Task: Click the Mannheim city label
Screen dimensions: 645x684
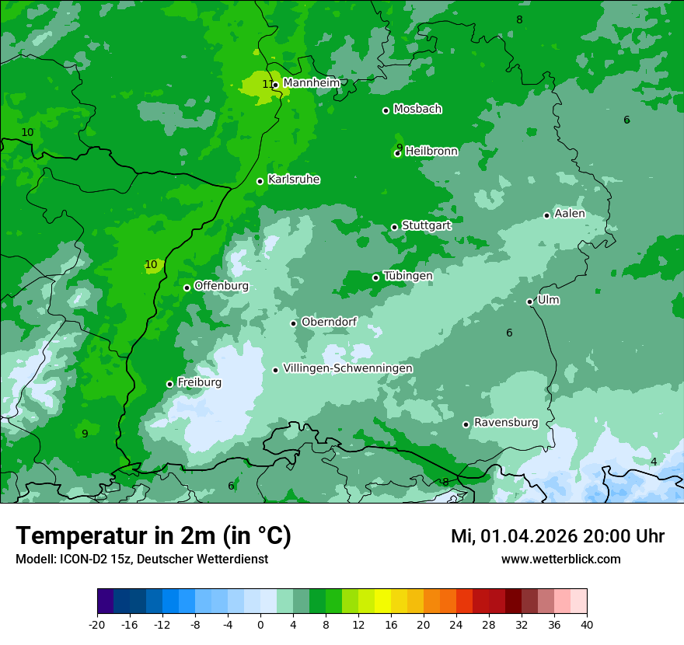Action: [312, 83]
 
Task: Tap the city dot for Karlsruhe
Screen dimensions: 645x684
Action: [260, 182]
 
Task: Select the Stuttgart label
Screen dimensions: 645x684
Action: [426, 226]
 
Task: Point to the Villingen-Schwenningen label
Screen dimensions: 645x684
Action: [347, 368]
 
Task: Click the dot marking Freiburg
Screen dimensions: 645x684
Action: [169, 384]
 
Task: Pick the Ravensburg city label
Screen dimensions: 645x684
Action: [505, 423]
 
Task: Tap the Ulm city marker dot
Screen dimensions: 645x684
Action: [530, 302]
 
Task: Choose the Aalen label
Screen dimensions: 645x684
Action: [569, 214]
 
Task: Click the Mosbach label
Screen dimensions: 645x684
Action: [417, 110]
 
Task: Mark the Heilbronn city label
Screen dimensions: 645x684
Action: [431, 152]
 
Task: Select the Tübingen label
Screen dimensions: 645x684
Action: [407, 276]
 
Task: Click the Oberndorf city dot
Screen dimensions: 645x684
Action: [294, 323]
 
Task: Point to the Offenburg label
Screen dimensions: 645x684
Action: [222, 286]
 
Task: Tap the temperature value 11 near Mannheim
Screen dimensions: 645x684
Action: [267, 84]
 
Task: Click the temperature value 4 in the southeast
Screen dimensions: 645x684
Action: [654, 462]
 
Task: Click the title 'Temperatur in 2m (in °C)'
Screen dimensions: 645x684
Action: [153, 535]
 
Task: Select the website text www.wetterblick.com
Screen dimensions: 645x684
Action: [560, 559]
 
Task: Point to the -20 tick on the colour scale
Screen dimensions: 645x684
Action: [97, 624]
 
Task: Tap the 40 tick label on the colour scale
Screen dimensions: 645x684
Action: [586, 624]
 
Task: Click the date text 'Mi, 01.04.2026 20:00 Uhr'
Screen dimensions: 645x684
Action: [557, 536]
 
